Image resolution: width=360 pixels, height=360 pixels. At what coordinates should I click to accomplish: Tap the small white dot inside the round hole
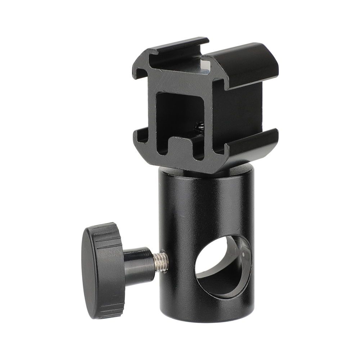click(243, 255)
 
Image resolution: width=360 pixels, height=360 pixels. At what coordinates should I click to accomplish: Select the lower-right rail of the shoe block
click(252, 144)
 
